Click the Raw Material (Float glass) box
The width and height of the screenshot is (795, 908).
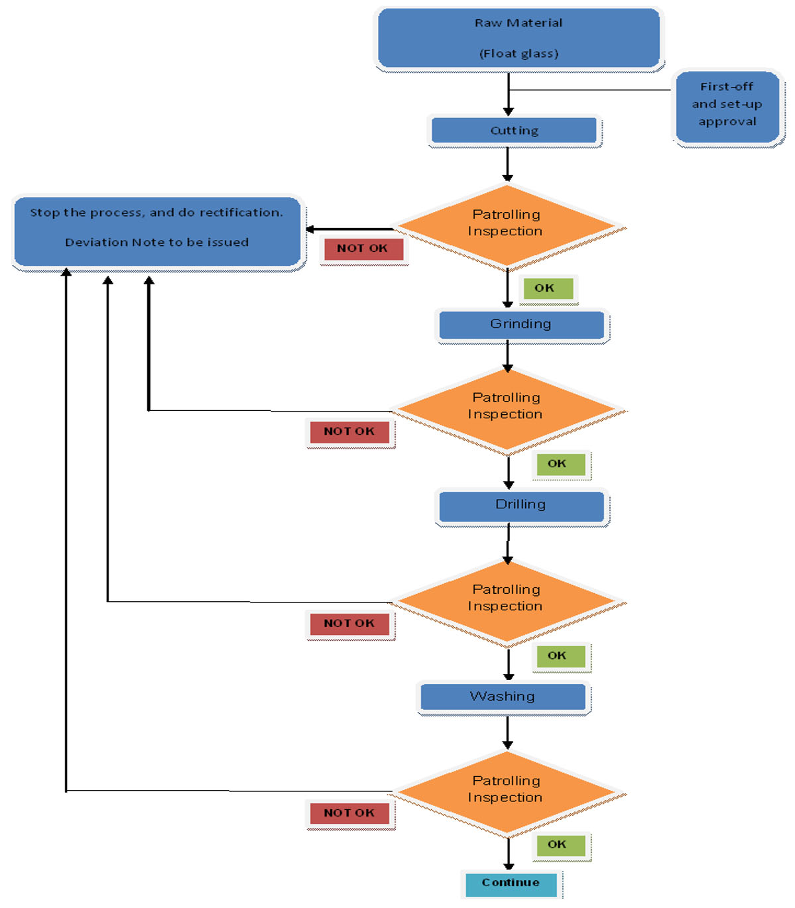(519, 38)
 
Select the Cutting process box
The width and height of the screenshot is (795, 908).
(515, 131)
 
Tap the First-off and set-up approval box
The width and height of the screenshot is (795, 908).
(727, 105)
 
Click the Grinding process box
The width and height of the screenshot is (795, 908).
(521, 324)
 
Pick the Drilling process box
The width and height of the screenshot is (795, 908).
(521, 505)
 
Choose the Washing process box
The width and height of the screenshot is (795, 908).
(503, 697)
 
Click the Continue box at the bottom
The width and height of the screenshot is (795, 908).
(511, 883)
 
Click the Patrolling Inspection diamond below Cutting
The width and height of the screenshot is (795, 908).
(507, 225)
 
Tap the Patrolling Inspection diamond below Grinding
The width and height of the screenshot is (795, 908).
(507, 408)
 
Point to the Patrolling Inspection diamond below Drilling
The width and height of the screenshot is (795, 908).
(507, 600)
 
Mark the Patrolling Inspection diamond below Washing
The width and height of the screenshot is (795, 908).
(507, 791)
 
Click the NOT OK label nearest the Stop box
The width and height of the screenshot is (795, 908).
(363, 249)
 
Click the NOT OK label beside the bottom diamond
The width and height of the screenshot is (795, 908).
(350, 813)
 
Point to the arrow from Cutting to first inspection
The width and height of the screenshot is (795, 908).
(507, 164)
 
